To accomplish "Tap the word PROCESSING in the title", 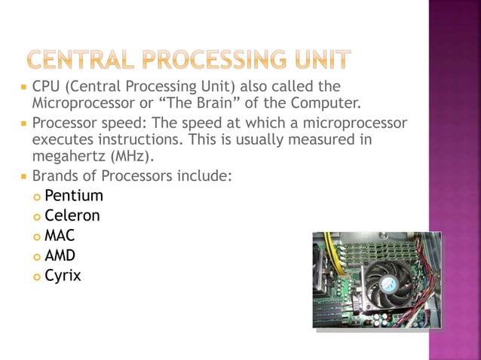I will [214, 59].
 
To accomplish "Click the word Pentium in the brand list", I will [73, 197].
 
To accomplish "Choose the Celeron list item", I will [72, 216].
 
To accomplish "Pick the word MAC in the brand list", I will [60, 236].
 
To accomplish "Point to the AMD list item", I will [60, 256].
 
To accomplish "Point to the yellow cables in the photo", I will [330, 249].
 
